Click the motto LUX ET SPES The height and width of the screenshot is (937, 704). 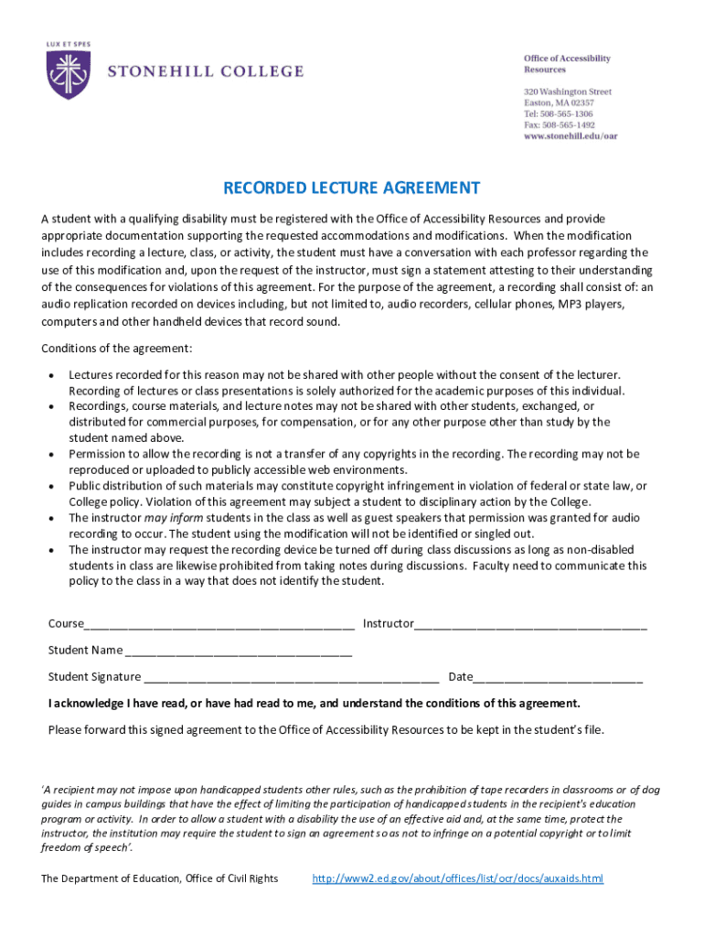68,43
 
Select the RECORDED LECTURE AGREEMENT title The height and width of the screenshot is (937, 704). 351,188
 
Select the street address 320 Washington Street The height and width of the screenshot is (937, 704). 568,92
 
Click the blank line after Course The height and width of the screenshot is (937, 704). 219,625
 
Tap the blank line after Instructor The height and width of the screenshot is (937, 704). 530,625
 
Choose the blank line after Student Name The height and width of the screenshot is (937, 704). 238,652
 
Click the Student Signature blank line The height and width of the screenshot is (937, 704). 291,678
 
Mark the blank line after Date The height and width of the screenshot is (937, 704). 558,678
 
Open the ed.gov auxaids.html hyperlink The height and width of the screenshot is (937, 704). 457,879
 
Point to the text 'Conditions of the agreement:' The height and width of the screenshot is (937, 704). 117,349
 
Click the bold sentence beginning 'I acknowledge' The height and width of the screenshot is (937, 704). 314,704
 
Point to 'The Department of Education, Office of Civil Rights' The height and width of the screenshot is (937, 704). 160,879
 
